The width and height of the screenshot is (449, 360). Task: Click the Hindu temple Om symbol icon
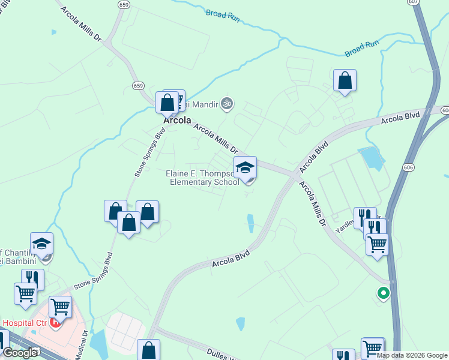pyautogui.click(x=226, y=104)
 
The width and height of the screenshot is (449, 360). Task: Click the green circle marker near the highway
pyautogui.click(x=382, y=293)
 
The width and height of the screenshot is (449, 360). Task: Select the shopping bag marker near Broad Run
pyautogui.click(x=345, y=80)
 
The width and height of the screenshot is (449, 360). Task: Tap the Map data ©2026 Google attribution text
pyautogui.click(x=411, y=355)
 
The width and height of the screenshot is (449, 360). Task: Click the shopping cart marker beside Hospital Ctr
pyautogui.click(x=61, y=307)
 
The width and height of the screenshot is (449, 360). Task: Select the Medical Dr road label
pyautogui.click(x=82, y=344)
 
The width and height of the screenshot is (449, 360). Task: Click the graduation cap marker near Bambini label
pyautogui.click(x=41, y=244)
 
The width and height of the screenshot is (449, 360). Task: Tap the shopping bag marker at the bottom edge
pyautogui.click(x=148, y=350)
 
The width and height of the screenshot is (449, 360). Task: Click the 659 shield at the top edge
pyautogui.click(x=124, y=4)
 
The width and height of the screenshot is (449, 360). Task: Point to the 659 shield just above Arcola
pyautogui.click(x=139, y=86)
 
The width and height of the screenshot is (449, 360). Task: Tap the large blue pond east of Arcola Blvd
pyautogui.click(x=372, y=157)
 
